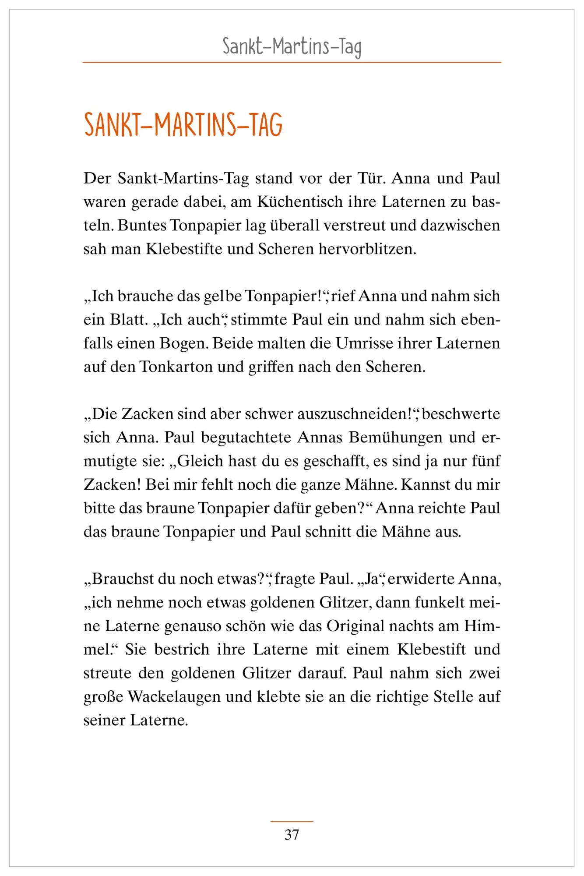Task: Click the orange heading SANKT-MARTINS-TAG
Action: [183, 125]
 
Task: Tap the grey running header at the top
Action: [292, 46]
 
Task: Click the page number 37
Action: [292, 835]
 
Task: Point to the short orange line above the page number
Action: [292, 822]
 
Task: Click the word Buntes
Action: [142, 226]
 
